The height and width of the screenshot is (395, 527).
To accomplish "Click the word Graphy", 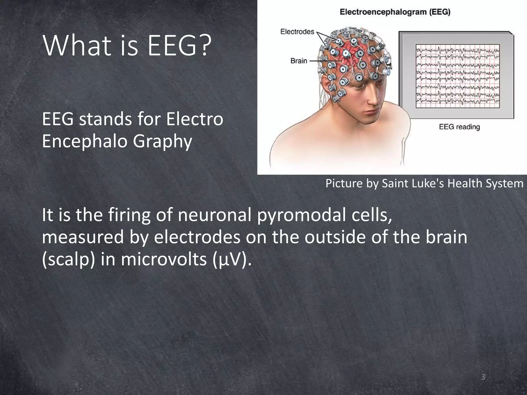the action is (162, 142).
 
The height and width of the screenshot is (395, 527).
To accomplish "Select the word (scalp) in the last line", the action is (68, 260).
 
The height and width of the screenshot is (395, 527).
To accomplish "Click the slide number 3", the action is (483, 377).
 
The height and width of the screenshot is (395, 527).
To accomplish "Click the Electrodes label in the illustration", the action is (297, 32).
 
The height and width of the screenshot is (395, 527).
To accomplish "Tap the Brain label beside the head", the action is (299, 61).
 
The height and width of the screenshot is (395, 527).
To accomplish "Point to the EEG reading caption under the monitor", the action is (459, 127).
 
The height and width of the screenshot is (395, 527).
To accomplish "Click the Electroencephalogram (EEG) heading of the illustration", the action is (395, 12).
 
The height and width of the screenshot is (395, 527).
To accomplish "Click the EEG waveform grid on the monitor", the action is (458, 76).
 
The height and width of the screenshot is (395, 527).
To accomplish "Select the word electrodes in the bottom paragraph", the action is (197, 237).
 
